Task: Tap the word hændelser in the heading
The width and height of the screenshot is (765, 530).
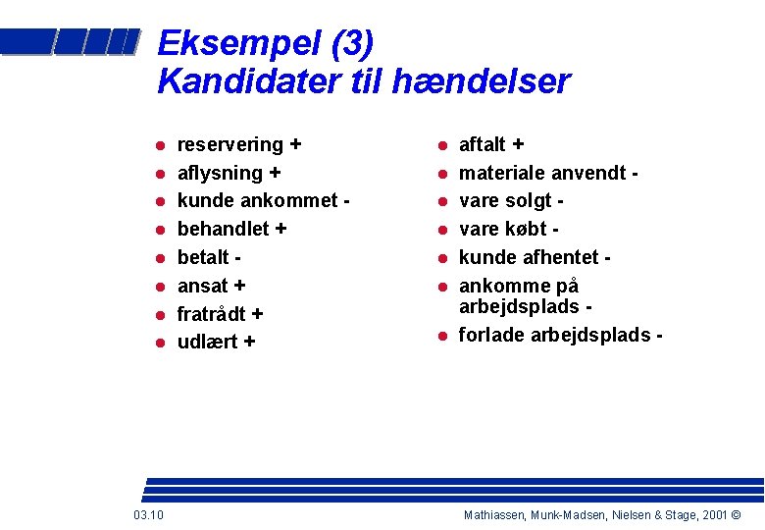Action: click(480, 82)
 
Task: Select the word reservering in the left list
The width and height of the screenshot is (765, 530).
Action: click(229, 145)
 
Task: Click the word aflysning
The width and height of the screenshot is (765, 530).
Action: click(220, 174)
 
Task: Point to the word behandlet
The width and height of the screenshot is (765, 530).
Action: click(223, 230)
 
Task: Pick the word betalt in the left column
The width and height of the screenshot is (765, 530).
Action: click(204, 257)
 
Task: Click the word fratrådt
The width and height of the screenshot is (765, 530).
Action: click(211, 314)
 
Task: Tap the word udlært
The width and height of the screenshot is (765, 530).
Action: click(207, 343)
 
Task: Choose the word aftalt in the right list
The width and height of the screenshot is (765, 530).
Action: click(482, 145)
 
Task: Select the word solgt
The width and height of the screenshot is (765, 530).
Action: click(530, 201)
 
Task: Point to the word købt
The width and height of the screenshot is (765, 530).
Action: click(527, 230)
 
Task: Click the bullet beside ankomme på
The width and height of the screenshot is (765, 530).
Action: click(442, 287)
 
